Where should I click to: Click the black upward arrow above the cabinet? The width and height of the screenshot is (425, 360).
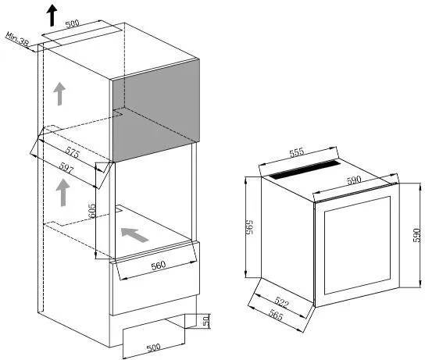pyautogui.click(x=52, y=16)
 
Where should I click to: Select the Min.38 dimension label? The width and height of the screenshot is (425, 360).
pyautogui.click(x=17, y=39)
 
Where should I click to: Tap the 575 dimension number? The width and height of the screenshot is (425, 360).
pyautogui.click(x=73, y=153)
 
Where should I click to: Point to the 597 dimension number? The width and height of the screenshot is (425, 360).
pyautogui.click(x=66, y=169)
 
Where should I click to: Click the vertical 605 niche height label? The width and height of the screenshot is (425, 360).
pyautogui.click(x=92, y=211)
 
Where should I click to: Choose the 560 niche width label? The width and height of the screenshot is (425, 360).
pyautogui.click(x=158, y=266)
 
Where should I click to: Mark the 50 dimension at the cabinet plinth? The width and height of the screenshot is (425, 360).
pyautogui.click(x=206, y=320)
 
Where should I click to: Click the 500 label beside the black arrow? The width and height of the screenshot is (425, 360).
pyautogui.click(x=73, y=23)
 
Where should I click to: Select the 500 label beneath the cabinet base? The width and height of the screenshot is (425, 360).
pyautogui.click(x=153, y=348)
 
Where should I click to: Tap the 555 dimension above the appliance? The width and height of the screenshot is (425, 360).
pyautogui.click(x=297, y=152)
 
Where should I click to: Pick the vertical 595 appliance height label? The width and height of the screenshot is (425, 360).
pyautogui.click(x=249, y=227)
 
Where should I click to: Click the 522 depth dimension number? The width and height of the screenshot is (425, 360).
pyautogui.click(x=281, y=302)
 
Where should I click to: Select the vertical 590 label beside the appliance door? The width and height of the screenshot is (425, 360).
pyautogui.click(x=417, y=235)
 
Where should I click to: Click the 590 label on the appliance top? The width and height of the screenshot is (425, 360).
pyautogui.click(x=354, y=180)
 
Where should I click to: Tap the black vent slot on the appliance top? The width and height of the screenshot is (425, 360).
pyautogui.click(x=305, y=169)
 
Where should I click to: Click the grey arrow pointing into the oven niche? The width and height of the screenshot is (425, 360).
pyautogui.click(x=134, y=234)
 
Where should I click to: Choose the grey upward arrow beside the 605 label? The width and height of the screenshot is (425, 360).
pyautogui.click(x=62, y=192)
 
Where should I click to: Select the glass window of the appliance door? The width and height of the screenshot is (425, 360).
pyautogui.click(x=357, y=245)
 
